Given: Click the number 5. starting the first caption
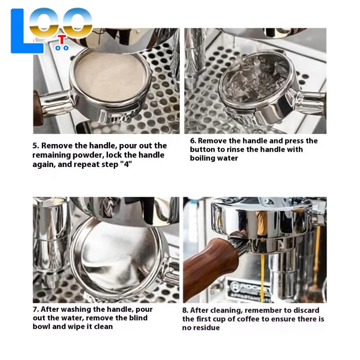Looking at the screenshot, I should coord(36,146).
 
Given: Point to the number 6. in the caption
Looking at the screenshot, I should coord(193,141).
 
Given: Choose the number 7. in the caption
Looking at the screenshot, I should coord(36,310).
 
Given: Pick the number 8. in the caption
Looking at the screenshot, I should coord(185,310).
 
